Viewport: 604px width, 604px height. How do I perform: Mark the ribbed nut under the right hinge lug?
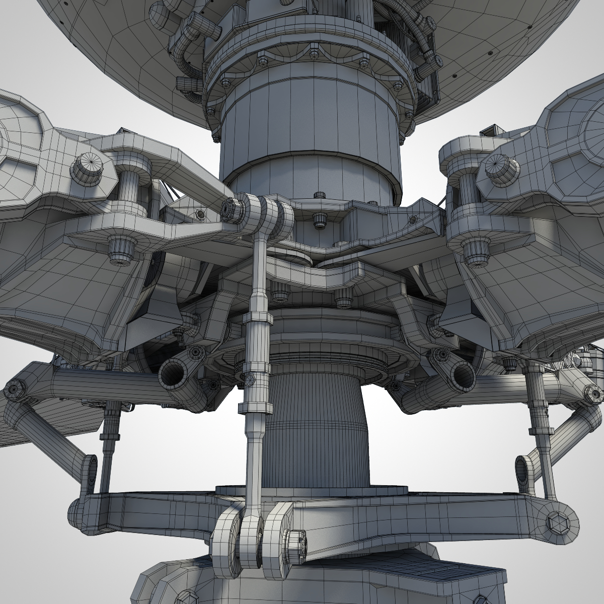[x=474, y=250]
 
